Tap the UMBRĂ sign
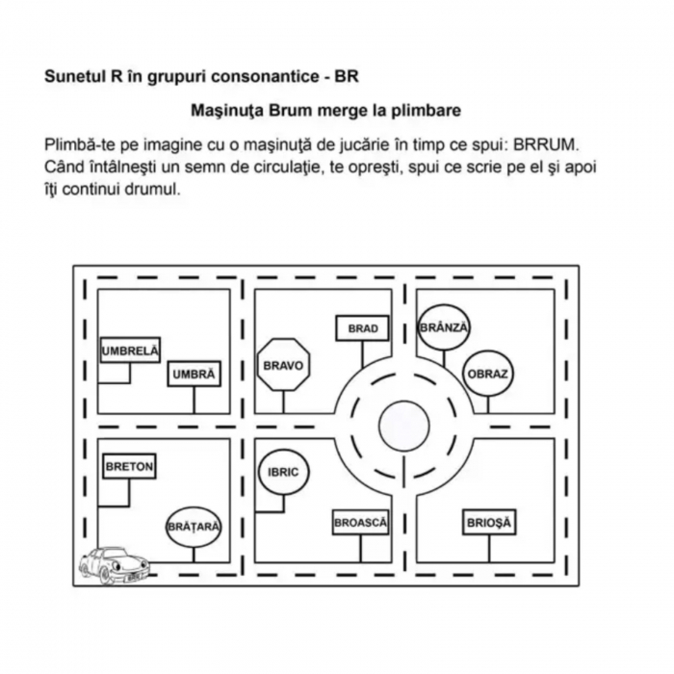(x=194, y=374)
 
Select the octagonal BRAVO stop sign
(x=283, y=365)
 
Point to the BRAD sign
(x=362, y=328)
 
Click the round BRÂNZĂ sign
(x=443, y=327)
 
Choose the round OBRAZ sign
(x=487, y=374)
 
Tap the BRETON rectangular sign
(x=129, y=467)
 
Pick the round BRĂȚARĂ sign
(x=194, y=527)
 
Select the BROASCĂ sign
(x=360, y=522)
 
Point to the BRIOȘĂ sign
(x=488, y=523)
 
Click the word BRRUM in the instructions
(x=546, y=144)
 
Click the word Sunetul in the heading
(x=70, y=75)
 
